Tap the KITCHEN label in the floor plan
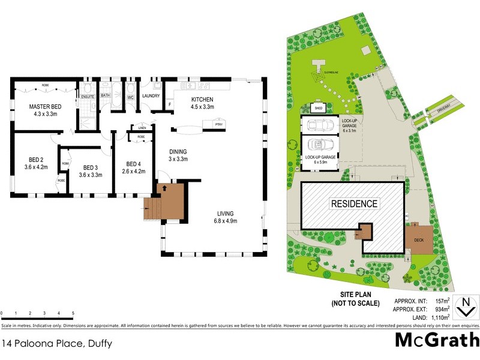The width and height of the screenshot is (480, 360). point(203,100)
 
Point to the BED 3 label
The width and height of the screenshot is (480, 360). point(91,167)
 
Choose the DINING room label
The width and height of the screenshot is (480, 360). point(178,151)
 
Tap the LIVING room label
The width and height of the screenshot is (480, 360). point(226,214)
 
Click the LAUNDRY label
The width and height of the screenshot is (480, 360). point(150,95)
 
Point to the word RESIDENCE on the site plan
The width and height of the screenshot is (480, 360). point(355,204)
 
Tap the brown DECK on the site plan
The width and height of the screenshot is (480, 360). point(419,241)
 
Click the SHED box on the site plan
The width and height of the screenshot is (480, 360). point(319,108)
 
